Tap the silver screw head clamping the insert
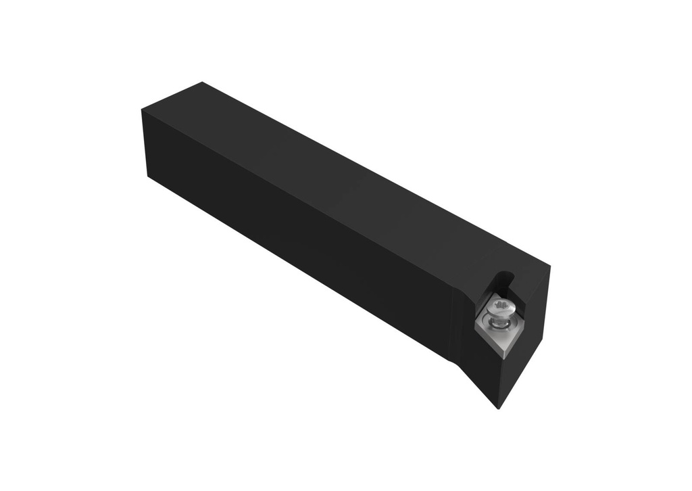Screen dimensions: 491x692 tap(502, 308)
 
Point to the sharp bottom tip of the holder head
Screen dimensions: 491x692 tap(499, 408)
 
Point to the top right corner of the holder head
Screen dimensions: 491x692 tap(549, 266)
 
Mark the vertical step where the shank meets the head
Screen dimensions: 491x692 tap(451, 318)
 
